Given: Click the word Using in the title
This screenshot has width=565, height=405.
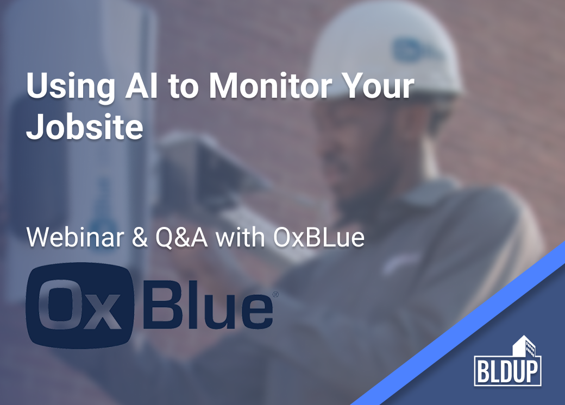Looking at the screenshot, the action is pyautogui.click(x=71, y=86).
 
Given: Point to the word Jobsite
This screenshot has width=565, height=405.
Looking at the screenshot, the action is pyautogui.click(x=85, y=126).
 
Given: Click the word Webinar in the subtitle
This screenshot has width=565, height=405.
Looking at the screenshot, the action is pyautogui.click(x=75, y=237).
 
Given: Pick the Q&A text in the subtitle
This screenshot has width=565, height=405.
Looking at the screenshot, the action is pyautogui.click(x=182, y=238).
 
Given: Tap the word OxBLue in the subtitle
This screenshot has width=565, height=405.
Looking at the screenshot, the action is pyautogui.click(x=319, y=237).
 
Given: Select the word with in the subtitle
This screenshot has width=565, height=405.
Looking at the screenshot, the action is pyautogui.click(x=240, y=237).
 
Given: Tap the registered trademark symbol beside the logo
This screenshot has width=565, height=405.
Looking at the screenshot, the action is pyautogui.click(x=275, y=294).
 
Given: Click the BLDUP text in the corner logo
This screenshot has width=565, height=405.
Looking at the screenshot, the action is pyautogui.click(x=508, y=371).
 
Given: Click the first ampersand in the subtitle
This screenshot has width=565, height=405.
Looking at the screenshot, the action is pyautogui.click(x=140, y=238).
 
